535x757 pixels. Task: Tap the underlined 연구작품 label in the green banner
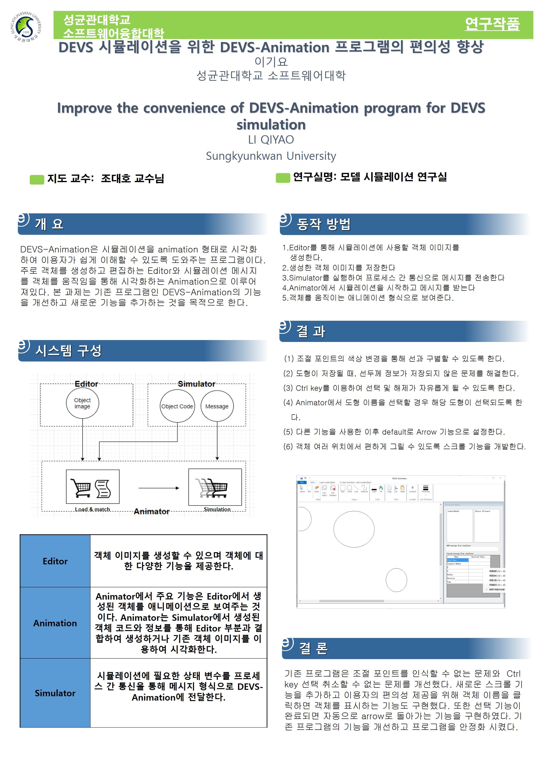point(492,24)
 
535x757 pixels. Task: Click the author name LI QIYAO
point(271,140)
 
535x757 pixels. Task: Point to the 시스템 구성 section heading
point(68,351)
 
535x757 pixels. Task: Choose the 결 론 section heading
point(313,648)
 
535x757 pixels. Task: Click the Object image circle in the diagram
point(82,403)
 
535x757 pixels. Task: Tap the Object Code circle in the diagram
point(177,406)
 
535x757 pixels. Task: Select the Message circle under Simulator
point(217,406)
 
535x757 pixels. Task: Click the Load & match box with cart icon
point(93,487)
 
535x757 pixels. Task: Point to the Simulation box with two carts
point(215,487)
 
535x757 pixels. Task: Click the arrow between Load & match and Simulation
point(159,488)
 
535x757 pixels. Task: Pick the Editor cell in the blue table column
point(55,561)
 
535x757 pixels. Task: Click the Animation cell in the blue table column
point(55,623)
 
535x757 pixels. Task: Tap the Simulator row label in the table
point(55,693)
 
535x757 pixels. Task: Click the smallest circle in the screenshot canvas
point(396,580)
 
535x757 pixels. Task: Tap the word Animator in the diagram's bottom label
point(152,511)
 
